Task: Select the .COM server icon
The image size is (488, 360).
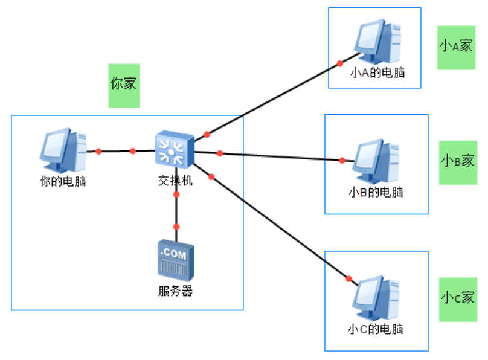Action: pyautogui.click(x=176, y=260)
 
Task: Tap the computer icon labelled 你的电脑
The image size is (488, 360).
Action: pyautogui.click(x=63, y=150)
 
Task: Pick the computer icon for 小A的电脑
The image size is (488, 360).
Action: pyautogui.click(x=377, y=42)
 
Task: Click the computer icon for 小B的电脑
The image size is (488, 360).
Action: pyautogui.click(x=376, y=161)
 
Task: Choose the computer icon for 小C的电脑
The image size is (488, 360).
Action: pyautogui.click(x=376, y=298)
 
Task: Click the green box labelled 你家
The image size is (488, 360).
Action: pyautogui.click(x=124, y=86)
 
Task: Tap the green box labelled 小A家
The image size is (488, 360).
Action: pyautogui.click(x=456, y=48)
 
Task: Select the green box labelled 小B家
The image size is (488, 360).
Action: pyautogui.click(x=458, y=162)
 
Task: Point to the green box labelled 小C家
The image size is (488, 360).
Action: pyautogui.click(x=458, y=300)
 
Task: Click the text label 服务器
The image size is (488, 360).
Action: pyautogui.click(x=176, y=291)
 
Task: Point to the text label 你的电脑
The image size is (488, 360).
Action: pyautogui.click(x=63, y=181)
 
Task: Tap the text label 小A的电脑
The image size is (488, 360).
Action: pyautogui.click(x=377, y=73)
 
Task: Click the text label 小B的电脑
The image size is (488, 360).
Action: pyautogui.click(x=376, y=192)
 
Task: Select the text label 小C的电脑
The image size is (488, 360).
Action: pyautogui.click(x=376, y=329)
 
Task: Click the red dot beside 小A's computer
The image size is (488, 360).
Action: pyautogui.click(x=340, y=63)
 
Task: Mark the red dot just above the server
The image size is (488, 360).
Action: pyautogui.click(x=176, y=227)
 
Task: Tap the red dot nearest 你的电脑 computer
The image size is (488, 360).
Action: pyautogui.click(x=98, y=152)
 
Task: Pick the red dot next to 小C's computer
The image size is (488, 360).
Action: pyautogui.click(x=349, y=278)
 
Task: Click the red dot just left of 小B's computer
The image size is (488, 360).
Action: pyautogui.click(x=342, y=161)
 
